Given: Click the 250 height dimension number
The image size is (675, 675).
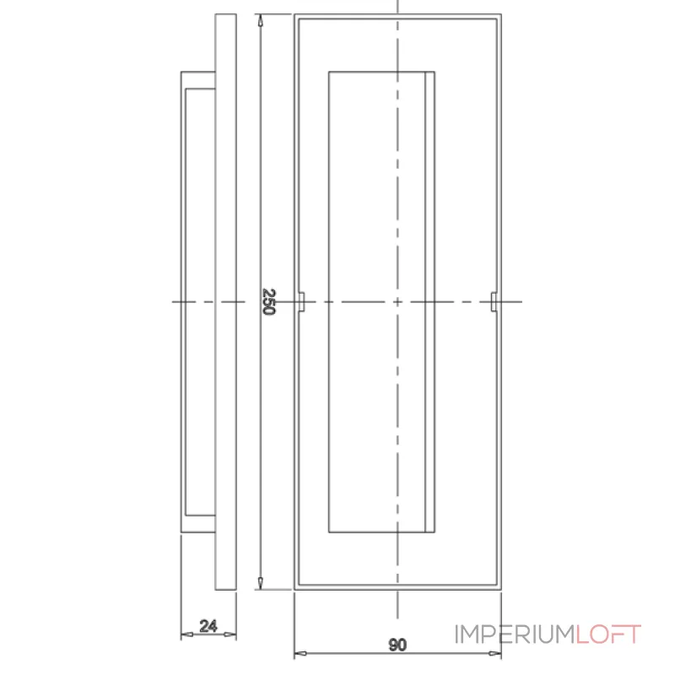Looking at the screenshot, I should (268, 301).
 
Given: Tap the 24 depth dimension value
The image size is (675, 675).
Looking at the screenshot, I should (208, 626).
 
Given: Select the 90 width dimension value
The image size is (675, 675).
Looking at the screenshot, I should (397, 645).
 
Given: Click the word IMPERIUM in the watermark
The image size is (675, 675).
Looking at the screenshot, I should (516, 634).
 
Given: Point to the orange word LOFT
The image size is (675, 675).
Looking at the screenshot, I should (609, 634).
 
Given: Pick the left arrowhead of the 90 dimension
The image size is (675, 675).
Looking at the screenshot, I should (298, 653).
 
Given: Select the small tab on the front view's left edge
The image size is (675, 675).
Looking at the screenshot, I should (301, 300).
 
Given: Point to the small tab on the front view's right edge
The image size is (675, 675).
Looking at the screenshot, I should (494, 300).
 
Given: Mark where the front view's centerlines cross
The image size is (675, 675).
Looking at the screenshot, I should (397, 301).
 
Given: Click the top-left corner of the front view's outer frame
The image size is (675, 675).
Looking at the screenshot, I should (294, 16).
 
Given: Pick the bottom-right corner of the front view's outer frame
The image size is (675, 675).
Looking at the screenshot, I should (501, 588).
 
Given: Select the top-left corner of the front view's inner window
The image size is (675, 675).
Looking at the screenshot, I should (328, 71).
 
